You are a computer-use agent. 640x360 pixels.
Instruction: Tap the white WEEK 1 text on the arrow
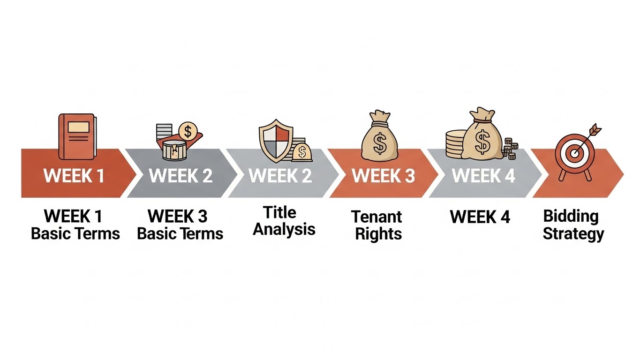(x=74, y=175)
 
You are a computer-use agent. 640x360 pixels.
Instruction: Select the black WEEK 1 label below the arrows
(x=73, y=216)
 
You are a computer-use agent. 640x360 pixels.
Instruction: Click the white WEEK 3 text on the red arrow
(x=383, y=175)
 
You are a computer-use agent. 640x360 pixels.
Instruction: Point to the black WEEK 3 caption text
(x=177, y=216)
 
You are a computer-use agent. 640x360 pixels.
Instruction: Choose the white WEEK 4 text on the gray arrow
(x=483, y=175)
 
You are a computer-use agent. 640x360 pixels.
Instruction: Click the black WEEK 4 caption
(x=480, y=217)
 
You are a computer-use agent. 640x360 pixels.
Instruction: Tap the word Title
(x=279, y=212)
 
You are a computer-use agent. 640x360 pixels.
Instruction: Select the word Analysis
(x=284, y=229)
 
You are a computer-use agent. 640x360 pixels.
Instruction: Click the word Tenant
(x=376, y=217)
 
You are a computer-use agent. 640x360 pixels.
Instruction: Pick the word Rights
(x=378, y=234)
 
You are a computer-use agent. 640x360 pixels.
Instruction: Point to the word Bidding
(x=571, y=216)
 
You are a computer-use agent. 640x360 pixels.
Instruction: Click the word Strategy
(x=573, y=234)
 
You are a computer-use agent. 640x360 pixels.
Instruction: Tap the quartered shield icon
(x=276, y=141)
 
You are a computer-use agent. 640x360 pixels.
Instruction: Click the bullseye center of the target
(x=575, y=153)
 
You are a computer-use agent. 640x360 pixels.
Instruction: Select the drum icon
(x=174, y=150)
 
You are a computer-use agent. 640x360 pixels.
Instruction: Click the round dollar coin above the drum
(x=188, y=131)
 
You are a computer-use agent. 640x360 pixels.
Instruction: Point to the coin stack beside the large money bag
(x=455, y=144)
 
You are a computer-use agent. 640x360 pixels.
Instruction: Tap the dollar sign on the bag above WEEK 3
(x=380, y=144)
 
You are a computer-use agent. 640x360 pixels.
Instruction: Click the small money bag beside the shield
(x=302, y=152)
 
